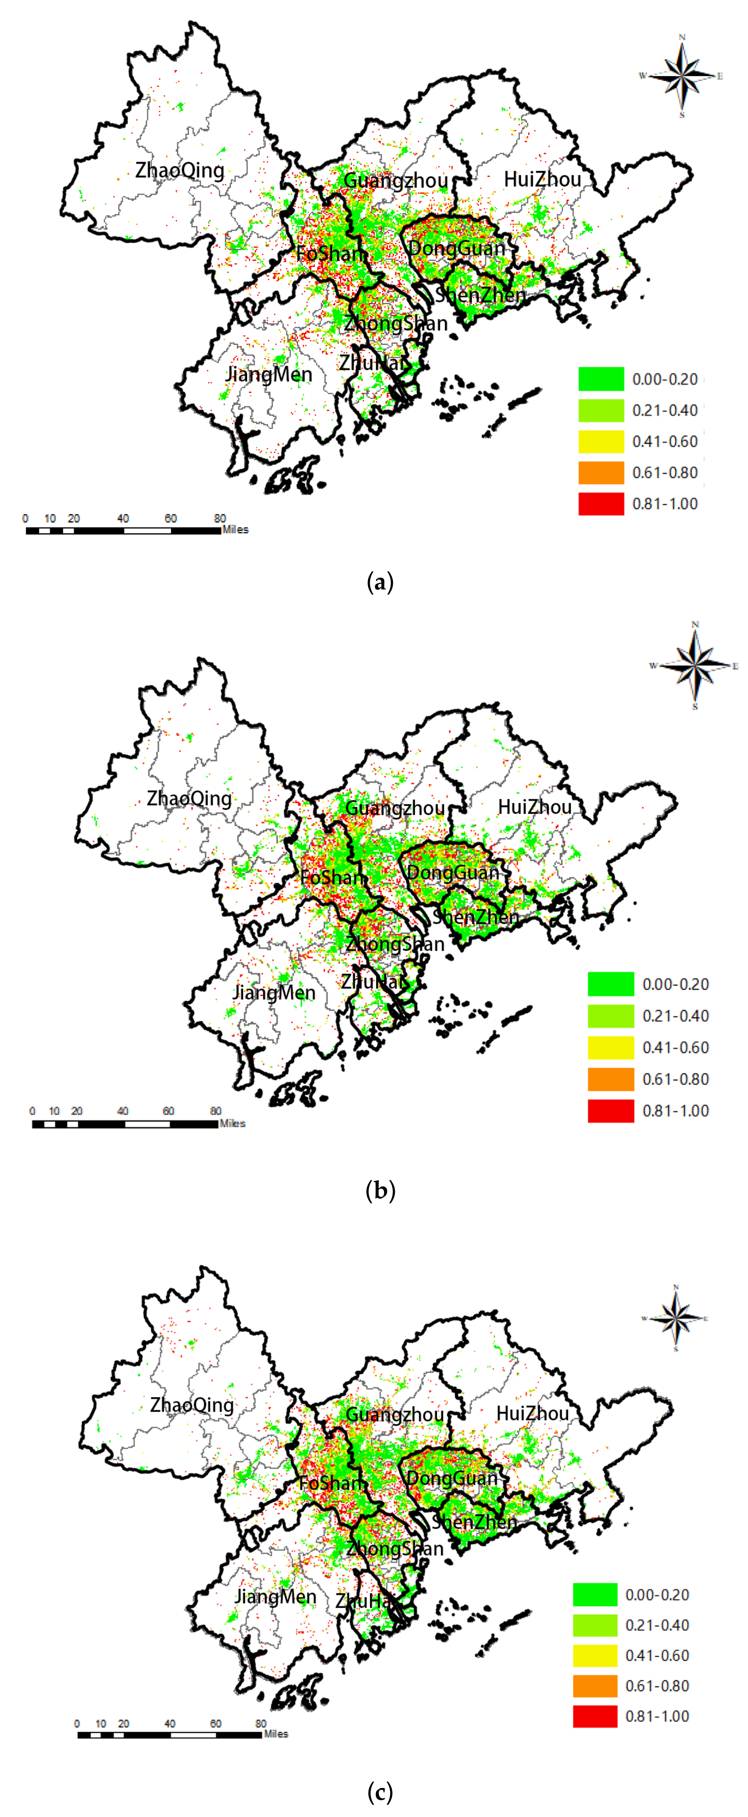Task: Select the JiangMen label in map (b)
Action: pos(274,993)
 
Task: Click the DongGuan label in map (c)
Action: pos(452,1478)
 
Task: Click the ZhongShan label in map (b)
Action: pos(396,944)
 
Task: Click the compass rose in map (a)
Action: pos(682,76)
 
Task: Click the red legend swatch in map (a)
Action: pos(601,504)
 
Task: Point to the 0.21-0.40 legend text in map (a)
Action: pos(665,411)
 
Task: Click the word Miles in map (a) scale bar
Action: pos(236,530)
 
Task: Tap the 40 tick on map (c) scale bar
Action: pos(170,1723)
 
